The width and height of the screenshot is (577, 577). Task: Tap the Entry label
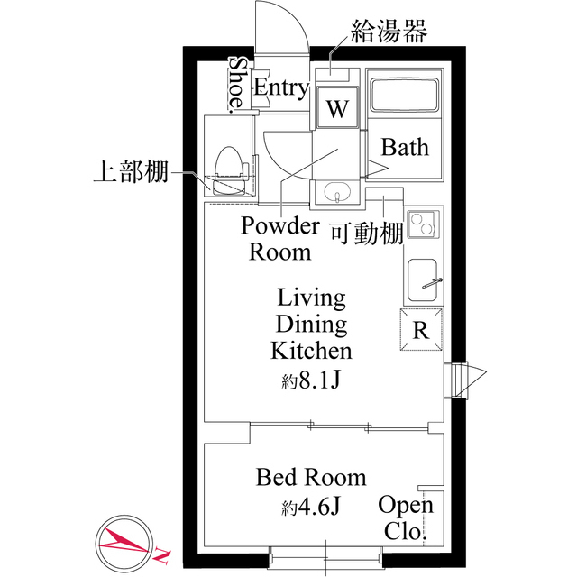[x=281, y=87]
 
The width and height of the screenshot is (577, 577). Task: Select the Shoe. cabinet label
[x=237, y=85]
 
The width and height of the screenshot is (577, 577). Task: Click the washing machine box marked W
[x=336, y=110]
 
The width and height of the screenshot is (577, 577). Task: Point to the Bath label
[x=405, y=147]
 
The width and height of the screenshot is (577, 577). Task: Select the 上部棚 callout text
[x=131, y=171]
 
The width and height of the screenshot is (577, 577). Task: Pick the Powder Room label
[x=279, y=238]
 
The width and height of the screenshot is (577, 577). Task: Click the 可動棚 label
[x=365, y=234]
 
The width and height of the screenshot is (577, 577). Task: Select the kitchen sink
[x=422, y=280]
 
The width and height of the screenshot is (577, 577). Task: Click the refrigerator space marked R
[x=421, y=329]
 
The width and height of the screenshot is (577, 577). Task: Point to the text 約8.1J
[x=310, y=380]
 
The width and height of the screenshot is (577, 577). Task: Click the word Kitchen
[x=311, y=351]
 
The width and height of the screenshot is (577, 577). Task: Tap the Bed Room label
[x=311, y=477]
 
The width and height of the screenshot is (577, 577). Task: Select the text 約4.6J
[x=310, y=507]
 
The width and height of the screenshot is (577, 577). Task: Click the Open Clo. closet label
[x=405, y=517]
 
